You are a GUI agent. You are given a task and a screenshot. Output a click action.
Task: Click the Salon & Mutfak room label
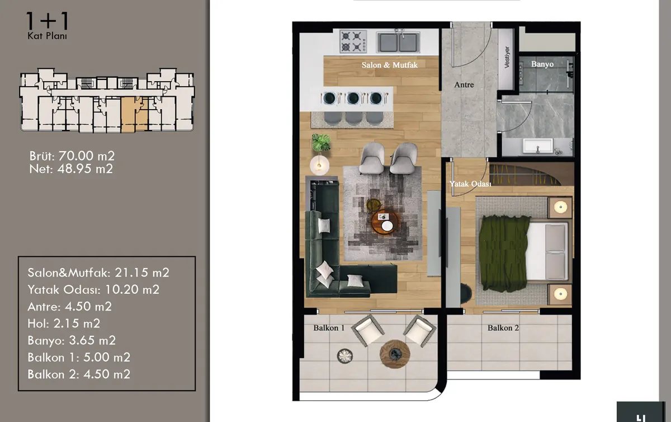(389, 65)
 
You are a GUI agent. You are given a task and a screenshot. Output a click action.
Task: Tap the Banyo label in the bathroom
(542, 64)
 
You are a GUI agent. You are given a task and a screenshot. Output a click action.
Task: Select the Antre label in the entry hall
(464, 85)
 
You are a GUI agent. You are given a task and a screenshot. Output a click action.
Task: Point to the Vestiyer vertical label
(507, 57)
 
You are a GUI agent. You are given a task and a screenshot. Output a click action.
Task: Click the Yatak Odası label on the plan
(470, 184)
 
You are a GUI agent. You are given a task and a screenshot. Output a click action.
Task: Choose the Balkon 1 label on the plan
(329, 328)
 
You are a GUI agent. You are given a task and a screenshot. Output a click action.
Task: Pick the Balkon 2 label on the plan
(503, 328)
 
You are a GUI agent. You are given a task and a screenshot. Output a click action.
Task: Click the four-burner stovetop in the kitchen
(353, 41)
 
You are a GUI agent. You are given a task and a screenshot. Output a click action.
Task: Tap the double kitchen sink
(398, 42)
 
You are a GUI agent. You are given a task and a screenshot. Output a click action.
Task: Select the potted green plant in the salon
(321, 143)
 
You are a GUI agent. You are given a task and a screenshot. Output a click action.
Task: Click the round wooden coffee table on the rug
(385, 223)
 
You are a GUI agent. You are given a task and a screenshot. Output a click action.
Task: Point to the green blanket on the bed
(504, 254)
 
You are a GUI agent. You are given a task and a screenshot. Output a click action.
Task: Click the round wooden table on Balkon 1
(395, 354)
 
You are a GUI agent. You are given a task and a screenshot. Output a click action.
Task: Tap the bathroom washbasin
(538, 147)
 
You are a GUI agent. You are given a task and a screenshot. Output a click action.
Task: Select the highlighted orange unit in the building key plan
(134, 115)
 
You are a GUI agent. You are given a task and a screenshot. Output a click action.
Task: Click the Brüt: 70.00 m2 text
(72, 156)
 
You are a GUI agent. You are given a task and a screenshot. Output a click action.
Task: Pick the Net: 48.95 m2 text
(71, 169)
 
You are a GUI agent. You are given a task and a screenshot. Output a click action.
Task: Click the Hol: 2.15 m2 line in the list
(64, 323)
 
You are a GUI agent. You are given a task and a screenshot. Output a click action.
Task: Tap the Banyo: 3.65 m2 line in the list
(72, 340)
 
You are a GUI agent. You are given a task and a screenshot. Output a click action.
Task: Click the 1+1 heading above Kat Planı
(48, 21)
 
